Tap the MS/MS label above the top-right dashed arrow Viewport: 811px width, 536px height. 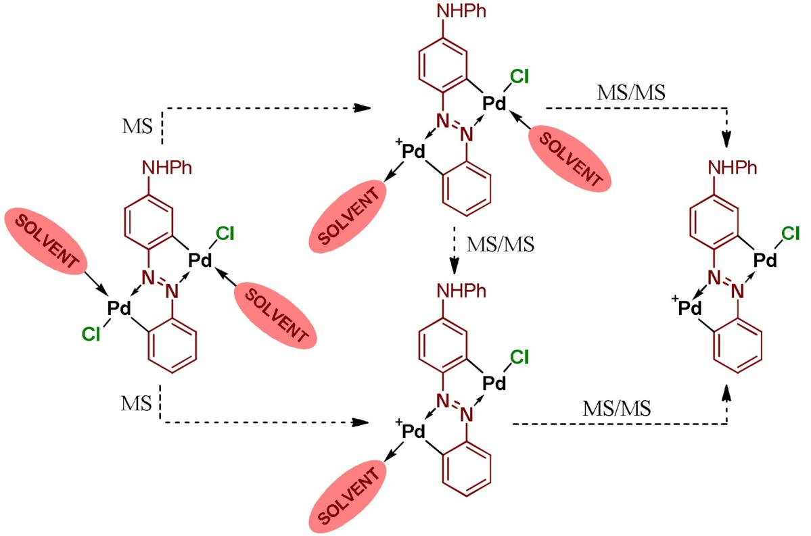point(628,94)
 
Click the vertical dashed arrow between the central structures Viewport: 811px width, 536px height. point(458,250)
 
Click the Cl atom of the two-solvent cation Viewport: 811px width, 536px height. point(518,76)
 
